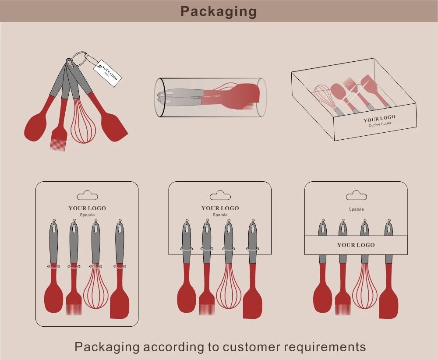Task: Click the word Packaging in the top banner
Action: pos(219,11)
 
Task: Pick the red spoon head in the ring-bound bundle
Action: pos(36,127)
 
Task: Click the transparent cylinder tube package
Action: pos(210,97)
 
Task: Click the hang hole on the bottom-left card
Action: pos(87,195)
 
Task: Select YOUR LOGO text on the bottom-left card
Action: pos(87,208)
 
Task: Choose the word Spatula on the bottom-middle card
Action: pos(220,215)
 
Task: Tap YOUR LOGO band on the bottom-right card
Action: pos(356,245)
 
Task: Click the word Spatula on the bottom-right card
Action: pos(356,209)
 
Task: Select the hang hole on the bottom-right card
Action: pos(356,195)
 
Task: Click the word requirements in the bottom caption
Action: pos(325,347)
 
